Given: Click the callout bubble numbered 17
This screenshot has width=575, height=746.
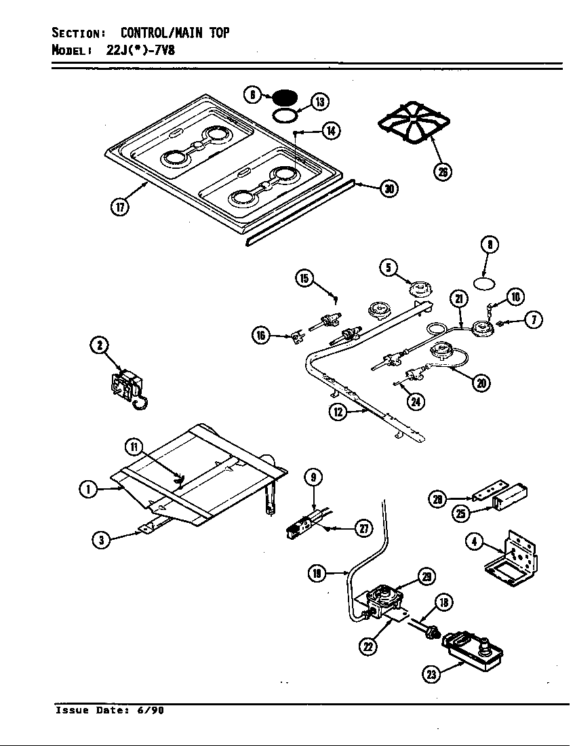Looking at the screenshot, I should tap(121, 207).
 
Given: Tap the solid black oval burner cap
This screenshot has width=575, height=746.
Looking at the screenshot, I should tap(287, 94).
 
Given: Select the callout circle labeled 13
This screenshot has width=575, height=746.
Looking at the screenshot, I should tap(319, 102).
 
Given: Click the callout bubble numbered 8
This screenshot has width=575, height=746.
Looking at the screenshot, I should tap(490, 245).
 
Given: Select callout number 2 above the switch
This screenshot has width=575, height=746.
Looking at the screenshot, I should tap(100, 345).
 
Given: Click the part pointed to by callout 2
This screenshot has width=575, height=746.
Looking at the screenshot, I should tap(127, 389).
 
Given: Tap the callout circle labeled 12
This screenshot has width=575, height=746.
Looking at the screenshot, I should tap(338, 411).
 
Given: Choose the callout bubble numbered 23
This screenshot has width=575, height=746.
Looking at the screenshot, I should tap(431, 673).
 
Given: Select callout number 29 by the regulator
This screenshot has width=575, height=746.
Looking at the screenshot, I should tap(425, 576).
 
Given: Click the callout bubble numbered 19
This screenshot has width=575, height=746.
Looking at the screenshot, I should tap(317, 573).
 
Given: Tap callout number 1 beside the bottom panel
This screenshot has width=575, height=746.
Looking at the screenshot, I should tap(87, 488).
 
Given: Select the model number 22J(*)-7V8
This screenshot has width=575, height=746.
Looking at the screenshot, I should tap(140, 50).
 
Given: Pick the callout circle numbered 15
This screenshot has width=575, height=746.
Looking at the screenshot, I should tap(304, 277).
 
